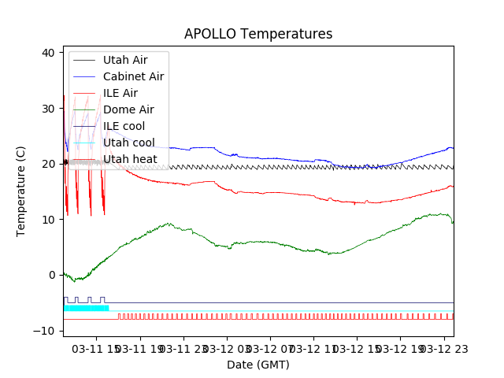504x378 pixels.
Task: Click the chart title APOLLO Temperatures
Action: (258, 34)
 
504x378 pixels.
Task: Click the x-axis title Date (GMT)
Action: (258, 365)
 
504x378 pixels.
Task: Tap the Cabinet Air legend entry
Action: (133, 76)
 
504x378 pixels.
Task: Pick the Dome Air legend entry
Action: (128, 109)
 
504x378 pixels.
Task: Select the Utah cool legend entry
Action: (128, 143)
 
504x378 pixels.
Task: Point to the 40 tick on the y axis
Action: (49, 53)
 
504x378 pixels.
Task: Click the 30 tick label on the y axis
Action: (49, 108)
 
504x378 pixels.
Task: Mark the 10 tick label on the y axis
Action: (49, 219)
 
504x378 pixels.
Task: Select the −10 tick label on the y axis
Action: (46, 331)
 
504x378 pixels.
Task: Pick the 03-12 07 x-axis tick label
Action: (270, 348)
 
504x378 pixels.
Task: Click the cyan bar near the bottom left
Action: (86, 308)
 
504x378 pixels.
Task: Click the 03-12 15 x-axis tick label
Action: (356, 348)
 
